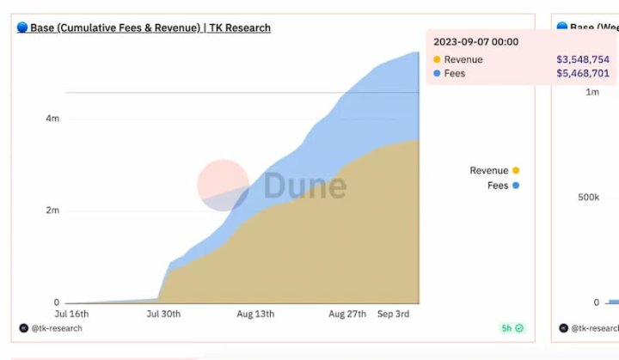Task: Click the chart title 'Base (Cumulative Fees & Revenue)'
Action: pos(115,27)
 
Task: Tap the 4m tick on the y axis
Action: pos(52,118)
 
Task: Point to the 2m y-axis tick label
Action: pos(52,210)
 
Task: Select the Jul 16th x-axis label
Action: pos(71,314)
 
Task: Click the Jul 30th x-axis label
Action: pos(163,314)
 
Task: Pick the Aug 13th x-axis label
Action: pos(255,314)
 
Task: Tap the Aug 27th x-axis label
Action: pos(347,314)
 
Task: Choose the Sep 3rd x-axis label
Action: pos(393,314)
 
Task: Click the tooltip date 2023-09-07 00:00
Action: pos(475,42)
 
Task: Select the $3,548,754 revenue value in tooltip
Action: pos(583,59)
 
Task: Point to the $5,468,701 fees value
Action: pos(583,73)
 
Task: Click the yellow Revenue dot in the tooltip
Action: pos(437,59)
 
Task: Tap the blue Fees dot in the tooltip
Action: pos(437,73)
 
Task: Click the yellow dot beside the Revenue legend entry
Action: pos(516,170)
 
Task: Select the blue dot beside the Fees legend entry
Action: pos(516,186)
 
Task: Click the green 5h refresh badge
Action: pos(512,328)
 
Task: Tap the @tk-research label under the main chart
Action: pos(57,328)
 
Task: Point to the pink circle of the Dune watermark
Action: pos(223,185)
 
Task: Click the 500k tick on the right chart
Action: pos(589,197)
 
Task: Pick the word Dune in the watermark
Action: pos(305,186)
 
